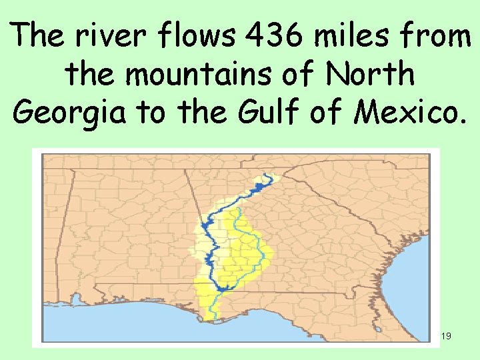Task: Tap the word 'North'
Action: click(x=369, y=75)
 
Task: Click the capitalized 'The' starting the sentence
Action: click(x=42, y=35)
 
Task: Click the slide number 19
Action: click(x=447, y=336)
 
